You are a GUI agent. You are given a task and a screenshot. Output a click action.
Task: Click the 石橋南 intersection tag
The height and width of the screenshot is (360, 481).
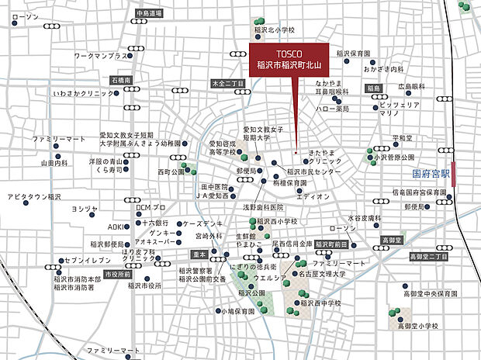(x=122, y=80)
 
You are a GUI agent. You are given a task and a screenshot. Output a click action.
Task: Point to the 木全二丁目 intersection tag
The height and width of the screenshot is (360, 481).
(x=229, y=83)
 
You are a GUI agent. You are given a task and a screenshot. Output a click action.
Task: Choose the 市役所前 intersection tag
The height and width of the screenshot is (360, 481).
(x=118, y=274)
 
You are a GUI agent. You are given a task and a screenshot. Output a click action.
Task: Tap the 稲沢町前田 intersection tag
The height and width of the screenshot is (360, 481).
(x=330, y=244)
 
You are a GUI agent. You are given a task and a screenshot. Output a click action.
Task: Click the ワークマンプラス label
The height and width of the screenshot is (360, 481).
(x=100, y=57)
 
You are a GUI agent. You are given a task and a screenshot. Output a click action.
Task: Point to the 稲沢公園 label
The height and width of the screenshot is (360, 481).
(x=252, y=293)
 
